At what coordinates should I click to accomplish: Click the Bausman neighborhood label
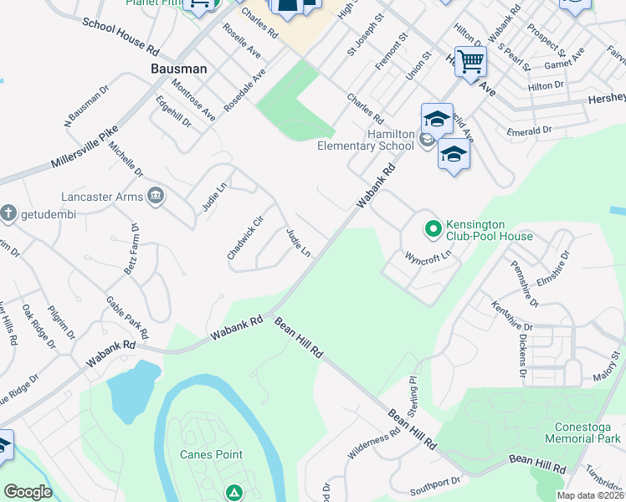point(178,69)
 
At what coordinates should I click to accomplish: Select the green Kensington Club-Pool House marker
point(433,228)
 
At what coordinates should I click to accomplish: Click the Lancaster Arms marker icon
point(155,197)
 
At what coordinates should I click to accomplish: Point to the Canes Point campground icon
point(234,493)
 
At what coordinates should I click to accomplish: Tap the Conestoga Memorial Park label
point(582,432)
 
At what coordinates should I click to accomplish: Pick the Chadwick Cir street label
point(245,238)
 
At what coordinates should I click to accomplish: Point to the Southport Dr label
point(435,484)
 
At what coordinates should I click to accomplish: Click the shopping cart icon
point(471,60)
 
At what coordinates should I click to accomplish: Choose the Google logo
point(28,492)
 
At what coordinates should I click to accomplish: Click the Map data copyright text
point(591,495)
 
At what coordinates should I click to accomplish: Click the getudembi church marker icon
point(8,211)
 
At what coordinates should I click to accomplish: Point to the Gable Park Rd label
point(126,318)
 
